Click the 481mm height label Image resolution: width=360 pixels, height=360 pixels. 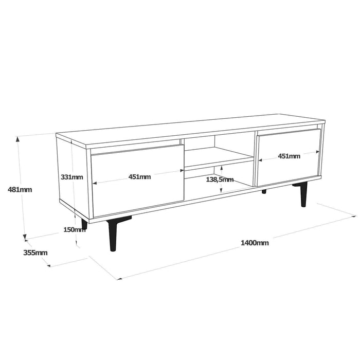click(x=20, y=189)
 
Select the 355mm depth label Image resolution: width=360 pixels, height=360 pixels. click(x=35, y=253)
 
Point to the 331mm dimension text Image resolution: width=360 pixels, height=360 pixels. click(x=71, y=177)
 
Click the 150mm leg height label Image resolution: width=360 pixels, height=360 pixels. click(x=74, y=229)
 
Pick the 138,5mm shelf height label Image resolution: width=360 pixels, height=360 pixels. click(x=220, y=179)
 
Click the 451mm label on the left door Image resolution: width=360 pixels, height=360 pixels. click(x=139, y=177)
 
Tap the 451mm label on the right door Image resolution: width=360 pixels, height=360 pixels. click(x=289, y=156)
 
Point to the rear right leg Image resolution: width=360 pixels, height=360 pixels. click(x=264, y=192)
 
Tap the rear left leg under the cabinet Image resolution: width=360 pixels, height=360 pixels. click(x=84, y=224)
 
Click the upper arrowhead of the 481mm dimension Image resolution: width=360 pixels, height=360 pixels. click(x=20, y=138)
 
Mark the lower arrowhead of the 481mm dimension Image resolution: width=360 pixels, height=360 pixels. click(x=24, y=238)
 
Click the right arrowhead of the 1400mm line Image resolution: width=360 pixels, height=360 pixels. click(x=354, y=217)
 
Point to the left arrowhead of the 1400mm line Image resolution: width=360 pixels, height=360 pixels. click(x=119, y=279)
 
